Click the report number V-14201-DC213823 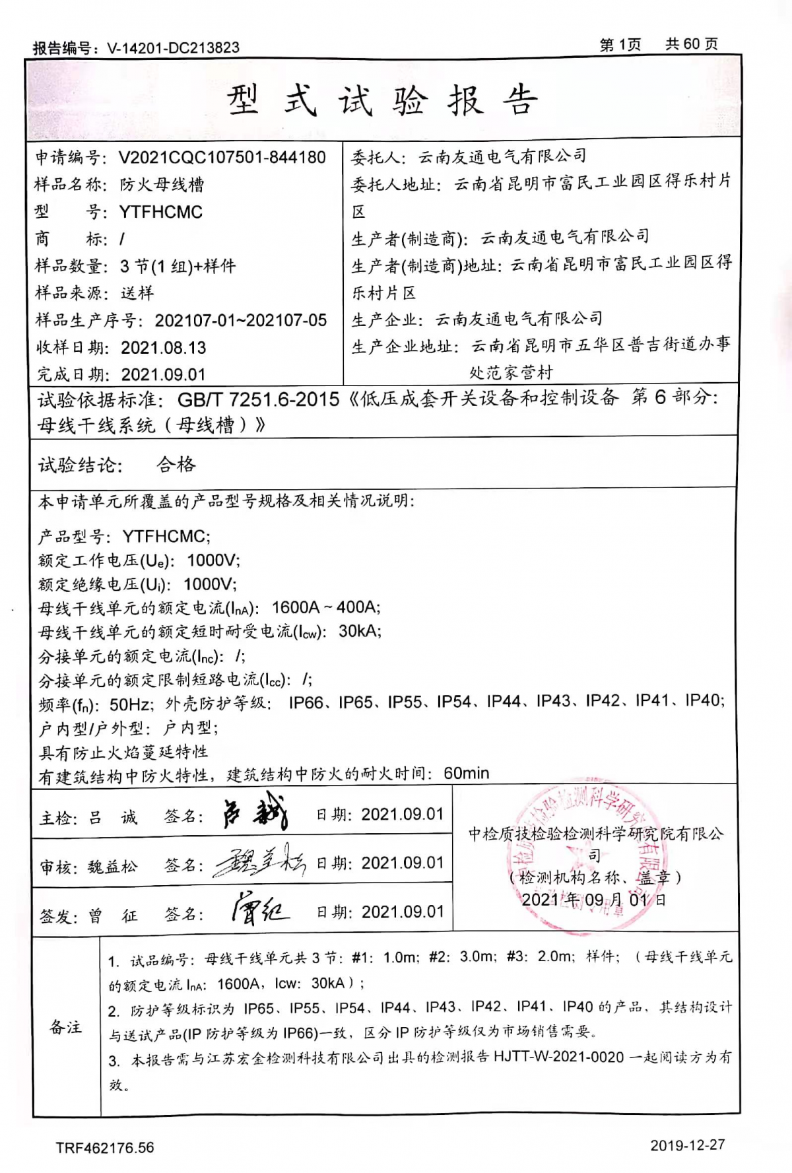pyautogui.click(x=173, y=48)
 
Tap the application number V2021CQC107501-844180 pyautogui.click(x=222, y=157)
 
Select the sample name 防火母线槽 pyautogui.click(x=162, y=185)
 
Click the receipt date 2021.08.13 pyautogui.click(x=164, y=348)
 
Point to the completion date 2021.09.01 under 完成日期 pyautogui.click(x=164, y=375)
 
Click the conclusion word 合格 pyautogui.click(x=176, y=465)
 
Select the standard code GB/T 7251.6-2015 pyautogui.click(x=258, y=399)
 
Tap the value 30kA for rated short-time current pyautogui.click(x=359, y=631)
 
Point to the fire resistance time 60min pyautogui.click(x=467, y=773)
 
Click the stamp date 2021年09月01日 pyautogui.click(x=593, y=900)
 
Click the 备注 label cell pyautogui.click(x=66, y=1027)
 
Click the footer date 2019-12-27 pyautogui.click(x=687, y=1145)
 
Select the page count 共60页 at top pyautogui.click(x=691, y=44)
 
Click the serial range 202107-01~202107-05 pyautogui.click(x=240, y=321)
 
